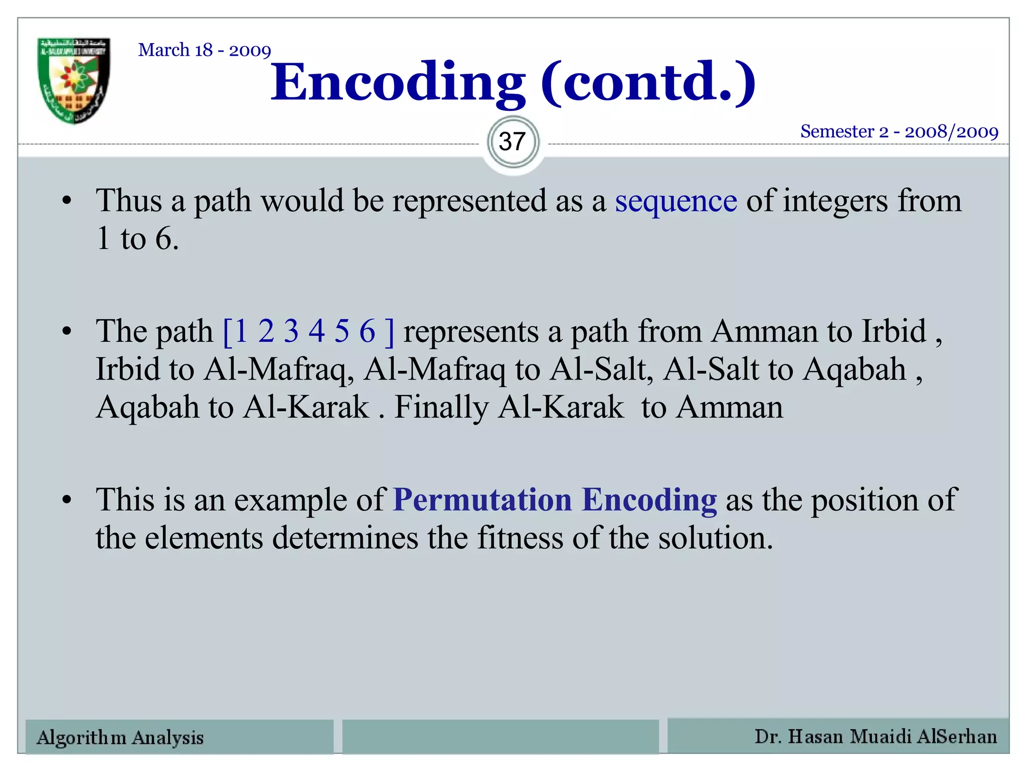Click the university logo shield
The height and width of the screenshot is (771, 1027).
click(74, 80)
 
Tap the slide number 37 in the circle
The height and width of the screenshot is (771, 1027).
click(512, 142)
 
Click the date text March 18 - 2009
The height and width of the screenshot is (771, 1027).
click(205, 50)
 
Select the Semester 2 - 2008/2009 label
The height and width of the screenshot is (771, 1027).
click(899, 132)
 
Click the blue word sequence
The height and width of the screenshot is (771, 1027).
click(676, 201)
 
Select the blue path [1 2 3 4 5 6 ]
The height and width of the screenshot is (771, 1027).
click(308, 331)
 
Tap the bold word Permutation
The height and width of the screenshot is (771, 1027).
click(482, 500)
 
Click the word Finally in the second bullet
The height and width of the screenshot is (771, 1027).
click(441, 407)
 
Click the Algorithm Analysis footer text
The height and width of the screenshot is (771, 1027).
click(120, 737)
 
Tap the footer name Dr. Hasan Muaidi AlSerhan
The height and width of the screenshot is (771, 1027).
click(876, 736)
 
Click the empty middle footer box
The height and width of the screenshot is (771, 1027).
click(500, 737)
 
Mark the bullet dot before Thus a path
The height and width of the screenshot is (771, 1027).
click(67, 202)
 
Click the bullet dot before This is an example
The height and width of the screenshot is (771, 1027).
click(67, 500)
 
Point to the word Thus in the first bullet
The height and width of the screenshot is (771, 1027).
click(129, 201)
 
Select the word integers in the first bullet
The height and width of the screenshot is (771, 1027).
click(835, 201)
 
